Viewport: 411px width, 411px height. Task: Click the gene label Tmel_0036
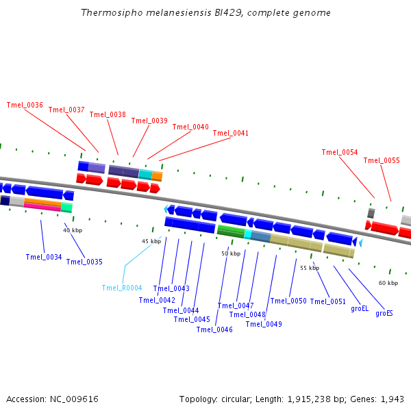(25, 105)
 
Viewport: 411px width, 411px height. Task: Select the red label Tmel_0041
(231, 134)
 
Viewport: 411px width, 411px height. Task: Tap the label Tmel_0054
(340, 153)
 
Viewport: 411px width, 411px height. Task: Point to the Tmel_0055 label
(382, 161)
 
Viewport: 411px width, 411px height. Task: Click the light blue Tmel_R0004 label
(122, 288)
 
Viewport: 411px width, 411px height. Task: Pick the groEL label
(360, 309)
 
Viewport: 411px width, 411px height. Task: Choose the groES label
(384, 314)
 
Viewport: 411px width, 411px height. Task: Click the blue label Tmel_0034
(44, 258)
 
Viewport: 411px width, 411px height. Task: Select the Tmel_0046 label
(214, 330)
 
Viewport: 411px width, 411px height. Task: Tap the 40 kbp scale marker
(73, 231)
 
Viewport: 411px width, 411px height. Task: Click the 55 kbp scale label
(310, 268)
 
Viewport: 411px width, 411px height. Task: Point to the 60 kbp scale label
(388, 283)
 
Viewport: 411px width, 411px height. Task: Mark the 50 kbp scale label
(231, 253)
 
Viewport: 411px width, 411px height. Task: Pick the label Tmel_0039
(149, 121)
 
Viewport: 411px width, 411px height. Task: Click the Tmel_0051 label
(328, 301)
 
